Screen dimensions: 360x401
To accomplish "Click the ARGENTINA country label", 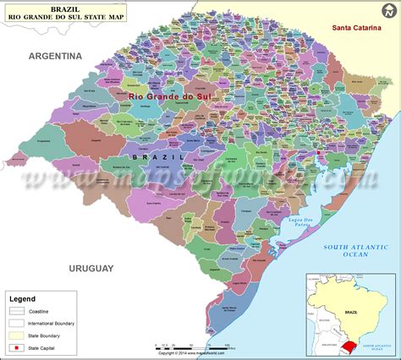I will point(55,56).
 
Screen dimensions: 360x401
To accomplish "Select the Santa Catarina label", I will point(354,30).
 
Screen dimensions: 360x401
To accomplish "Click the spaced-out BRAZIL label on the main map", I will point(157,157).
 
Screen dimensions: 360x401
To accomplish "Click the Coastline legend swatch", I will point(16,309).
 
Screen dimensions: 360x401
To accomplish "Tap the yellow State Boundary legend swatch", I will point(16,335).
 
